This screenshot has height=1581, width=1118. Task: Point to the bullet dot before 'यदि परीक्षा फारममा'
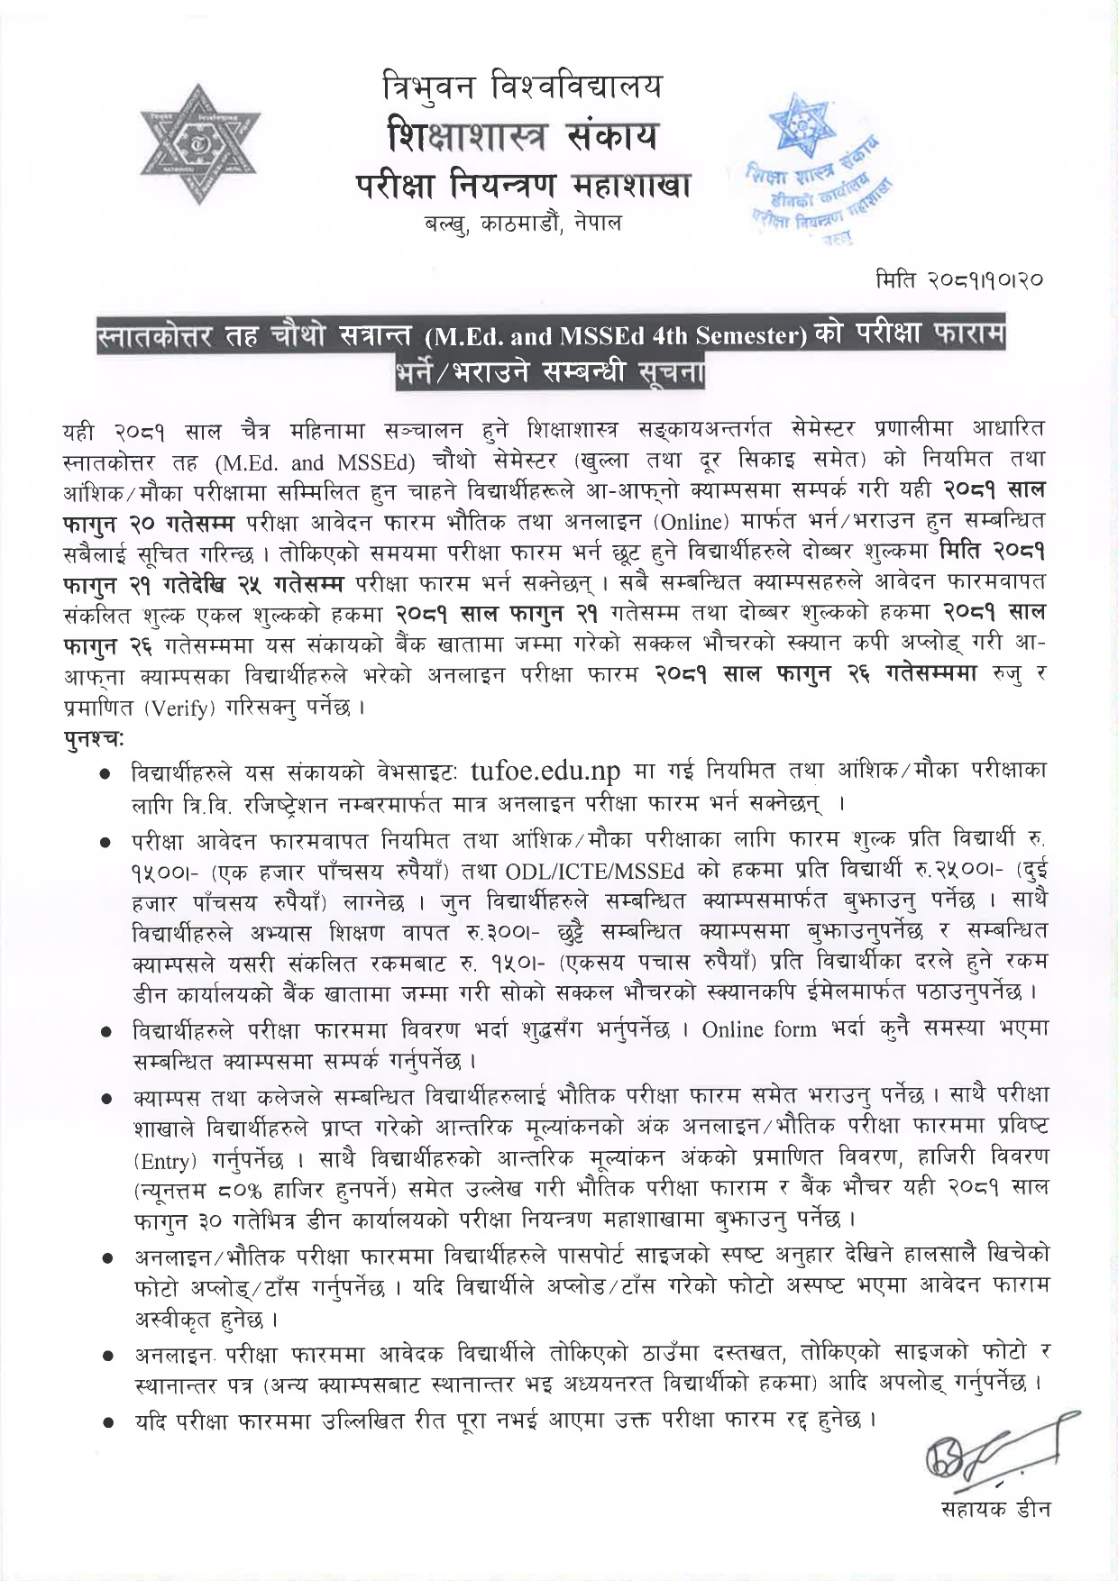(x=107, y=1421)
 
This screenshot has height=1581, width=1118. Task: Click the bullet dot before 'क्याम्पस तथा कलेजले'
(x=107, y=1099)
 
